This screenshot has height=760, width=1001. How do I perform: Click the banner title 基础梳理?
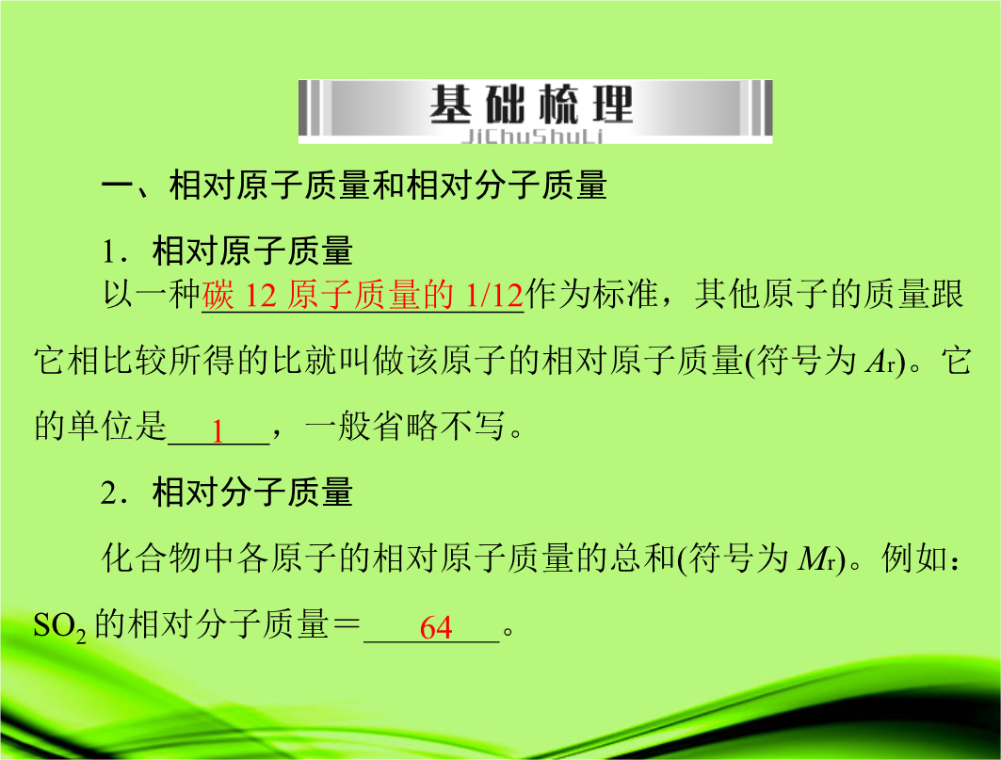tap(531, 105)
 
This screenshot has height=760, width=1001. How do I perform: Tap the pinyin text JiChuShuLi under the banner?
tap(532, 137)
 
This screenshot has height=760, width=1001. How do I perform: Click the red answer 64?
tap(436, 627)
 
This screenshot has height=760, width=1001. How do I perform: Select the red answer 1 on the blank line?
tap(218, 431)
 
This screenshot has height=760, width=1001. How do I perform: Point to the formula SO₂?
tap(59, 626)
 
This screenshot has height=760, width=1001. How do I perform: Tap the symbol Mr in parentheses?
tap(816, 559)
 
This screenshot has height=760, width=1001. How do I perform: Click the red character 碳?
tap(218, 295)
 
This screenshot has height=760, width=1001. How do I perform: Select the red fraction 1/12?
tap(494, 295)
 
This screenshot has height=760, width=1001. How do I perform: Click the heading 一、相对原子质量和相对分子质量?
tap(354, 186)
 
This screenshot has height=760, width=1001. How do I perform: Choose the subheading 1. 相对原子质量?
tap(227, 251)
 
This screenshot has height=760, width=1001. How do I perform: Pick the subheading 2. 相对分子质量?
tap(227, 493)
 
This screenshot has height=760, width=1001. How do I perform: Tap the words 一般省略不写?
tap(405, 426)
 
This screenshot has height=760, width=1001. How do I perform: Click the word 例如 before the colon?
tap(914, 558)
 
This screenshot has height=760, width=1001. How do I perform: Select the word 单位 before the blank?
tap(101, 426)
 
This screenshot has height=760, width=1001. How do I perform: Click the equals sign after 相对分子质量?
tap(346, 624)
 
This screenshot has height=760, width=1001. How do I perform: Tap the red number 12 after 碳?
tap(261, 295)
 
